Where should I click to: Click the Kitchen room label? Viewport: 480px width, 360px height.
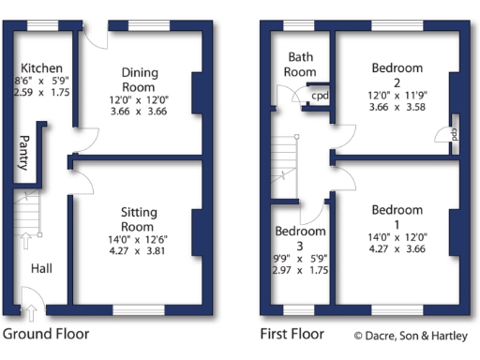[41, 67]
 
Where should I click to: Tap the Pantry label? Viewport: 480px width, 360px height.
[22, 153]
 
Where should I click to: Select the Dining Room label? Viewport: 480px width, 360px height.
[140, 79]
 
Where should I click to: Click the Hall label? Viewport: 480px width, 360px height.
[41, 268]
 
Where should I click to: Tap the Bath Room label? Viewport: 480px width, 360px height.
[301, 65]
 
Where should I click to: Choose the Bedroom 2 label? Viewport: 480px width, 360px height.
[397, 74]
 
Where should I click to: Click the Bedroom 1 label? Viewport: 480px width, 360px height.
[397, 216]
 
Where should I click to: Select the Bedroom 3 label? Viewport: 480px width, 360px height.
[300, 238]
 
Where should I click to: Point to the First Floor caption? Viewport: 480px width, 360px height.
[292, 334]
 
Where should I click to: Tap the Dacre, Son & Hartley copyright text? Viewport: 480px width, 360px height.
[412, 335]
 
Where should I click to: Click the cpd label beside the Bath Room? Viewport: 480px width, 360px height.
[320, 97]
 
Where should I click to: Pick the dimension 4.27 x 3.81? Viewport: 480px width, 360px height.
[138, 250]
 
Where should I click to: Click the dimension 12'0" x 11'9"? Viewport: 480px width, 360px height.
[397, 96]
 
